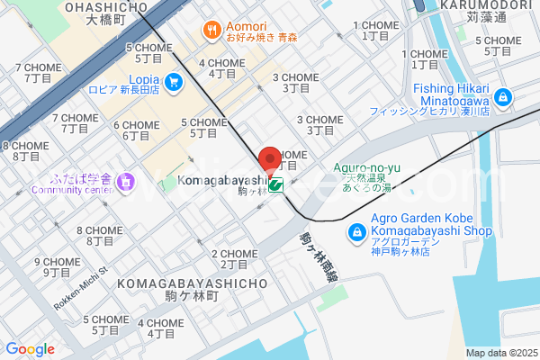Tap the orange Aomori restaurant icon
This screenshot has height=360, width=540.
pyautogui.click(x=213, y=30)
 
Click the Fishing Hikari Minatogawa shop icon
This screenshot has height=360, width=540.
pyautogui.click(x=502, y=94)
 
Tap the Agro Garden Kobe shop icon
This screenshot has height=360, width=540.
pyautogui.click(x=356, y=233)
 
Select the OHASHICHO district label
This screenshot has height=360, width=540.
pyautogui.click(x=106, y=7)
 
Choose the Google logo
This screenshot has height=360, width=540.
pyautogui.click(x=30, y=349)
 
